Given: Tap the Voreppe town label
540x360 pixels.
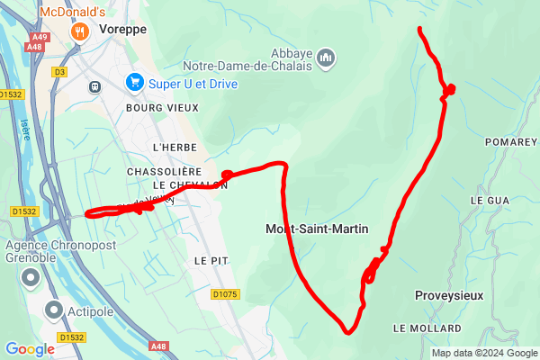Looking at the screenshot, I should pyautogui.click(x=124, y=29).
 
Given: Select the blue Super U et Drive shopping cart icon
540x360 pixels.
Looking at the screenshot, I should pyautogui.click(x=135, y=82).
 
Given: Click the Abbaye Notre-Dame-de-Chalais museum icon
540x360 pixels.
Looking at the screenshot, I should pyautogui.click(x=326, y=58).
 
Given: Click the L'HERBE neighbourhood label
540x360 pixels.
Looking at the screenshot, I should pyautogui.click(x=175, y=147).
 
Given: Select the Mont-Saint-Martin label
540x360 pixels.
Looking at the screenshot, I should pyautogui.click(x=317, y=229).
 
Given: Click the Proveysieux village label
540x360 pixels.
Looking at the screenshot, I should pyautogui.click(x=449, y=295).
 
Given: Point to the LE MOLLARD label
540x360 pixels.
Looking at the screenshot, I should pyautogui.click(x=427, y=328).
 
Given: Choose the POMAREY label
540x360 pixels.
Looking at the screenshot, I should pyautogui.click(x=511, y=142).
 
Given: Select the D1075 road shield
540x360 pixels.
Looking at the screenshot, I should pyautogui.click(x=226, y=294).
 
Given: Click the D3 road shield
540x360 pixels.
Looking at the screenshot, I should pyautogui.click(x=61, y=71).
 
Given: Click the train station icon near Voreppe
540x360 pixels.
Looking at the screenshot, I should pyautogui.click(x=94, y=87).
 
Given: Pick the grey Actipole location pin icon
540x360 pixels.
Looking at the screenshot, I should pyautogui.click(x=53, y=311).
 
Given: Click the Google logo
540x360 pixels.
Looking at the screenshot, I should pyautogui.click(x=30, y=349).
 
